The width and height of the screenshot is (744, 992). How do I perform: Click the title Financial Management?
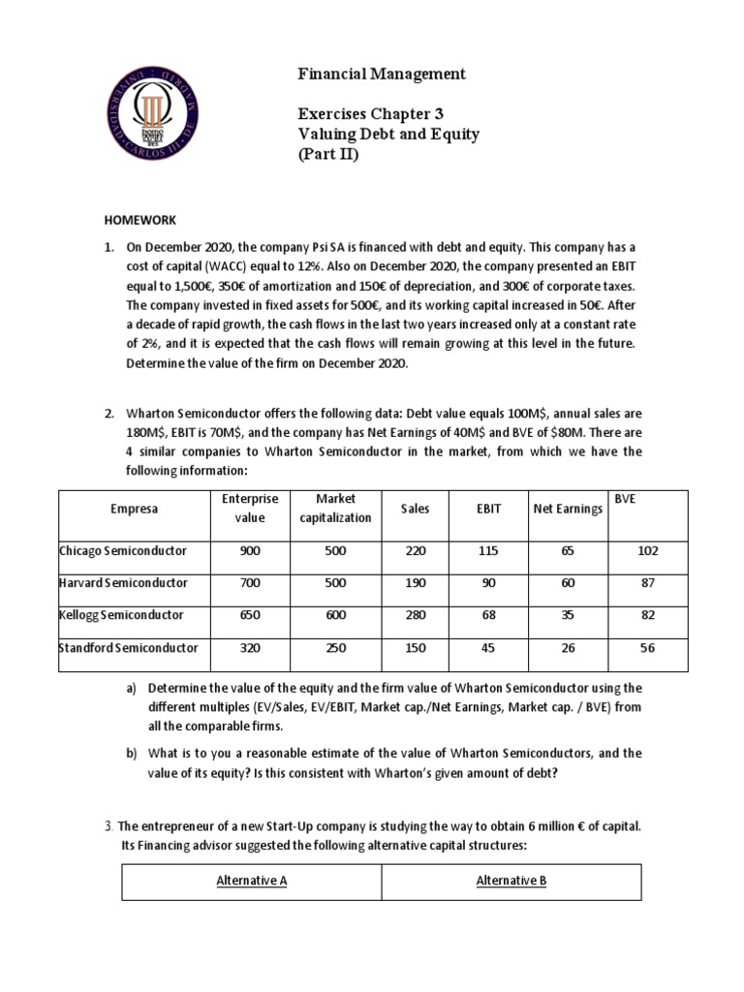coord(369,74)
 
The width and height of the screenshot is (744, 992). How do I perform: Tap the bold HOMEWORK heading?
coord(141,220)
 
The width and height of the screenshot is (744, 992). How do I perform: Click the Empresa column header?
coord(134,508)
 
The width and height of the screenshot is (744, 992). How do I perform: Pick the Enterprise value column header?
coord(249,508)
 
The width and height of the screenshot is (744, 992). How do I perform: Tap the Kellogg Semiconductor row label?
coord(121,615)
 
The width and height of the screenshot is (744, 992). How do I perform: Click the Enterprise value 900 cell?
coord(249,550)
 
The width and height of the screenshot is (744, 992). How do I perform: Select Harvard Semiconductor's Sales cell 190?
coord(416,583)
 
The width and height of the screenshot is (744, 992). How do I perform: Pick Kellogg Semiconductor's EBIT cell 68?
coord(487,615)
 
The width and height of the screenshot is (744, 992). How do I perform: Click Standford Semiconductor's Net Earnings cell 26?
coord(567,647)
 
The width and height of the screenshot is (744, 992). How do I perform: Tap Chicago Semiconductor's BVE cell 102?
coord(647,550)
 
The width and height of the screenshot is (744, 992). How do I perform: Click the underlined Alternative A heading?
coord(251,881)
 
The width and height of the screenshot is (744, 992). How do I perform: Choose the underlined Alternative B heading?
coord(511,881)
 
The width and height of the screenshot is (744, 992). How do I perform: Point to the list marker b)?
coord(132,753)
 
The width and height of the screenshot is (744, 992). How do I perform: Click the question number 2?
coord(109,415)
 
